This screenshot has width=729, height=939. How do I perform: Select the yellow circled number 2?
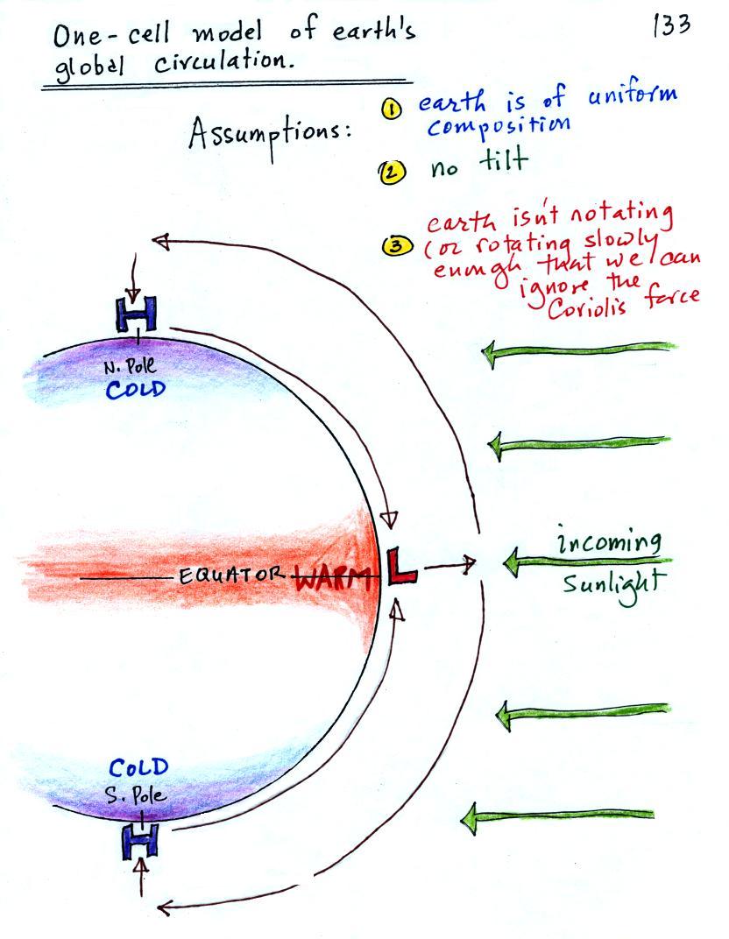392,171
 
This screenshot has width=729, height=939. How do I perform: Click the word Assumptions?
263,138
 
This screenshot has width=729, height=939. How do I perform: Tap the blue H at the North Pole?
136,314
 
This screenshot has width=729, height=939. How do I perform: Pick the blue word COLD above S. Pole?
138,768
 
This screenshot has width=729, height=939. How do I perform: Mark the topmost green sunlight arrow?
578,351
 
